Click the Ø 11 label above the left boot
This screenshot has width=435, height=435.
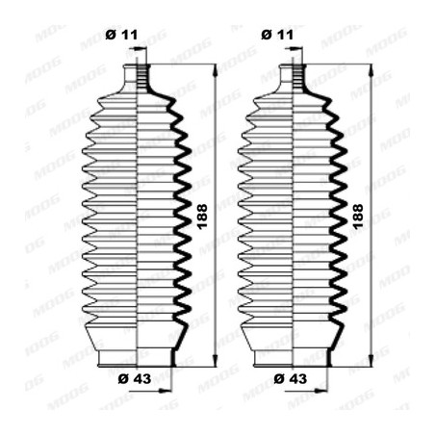click(121, 35)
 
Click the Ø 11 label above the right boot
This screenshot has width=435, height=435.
click(277, 35)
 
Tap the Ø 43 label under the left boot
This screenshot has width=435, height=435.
click(135, 379)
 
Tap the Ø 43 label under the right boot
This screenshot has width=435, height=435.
click(291, 379)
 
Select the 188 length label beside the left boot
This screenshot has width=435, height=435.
click(202, 217)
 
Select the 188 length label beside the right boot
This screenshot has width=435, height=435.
click(358, 217)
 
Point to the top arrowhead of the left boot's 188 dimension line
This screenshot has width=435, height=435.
click(216, 70)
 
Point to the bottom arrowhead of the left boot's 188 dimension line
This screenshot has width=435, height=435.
click(216, 361)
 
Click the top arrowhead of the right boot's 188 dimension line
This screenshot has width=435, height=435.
click(371, 70)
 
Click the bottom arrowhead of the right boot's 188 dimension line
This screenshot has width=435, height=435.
click(371, 361)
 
